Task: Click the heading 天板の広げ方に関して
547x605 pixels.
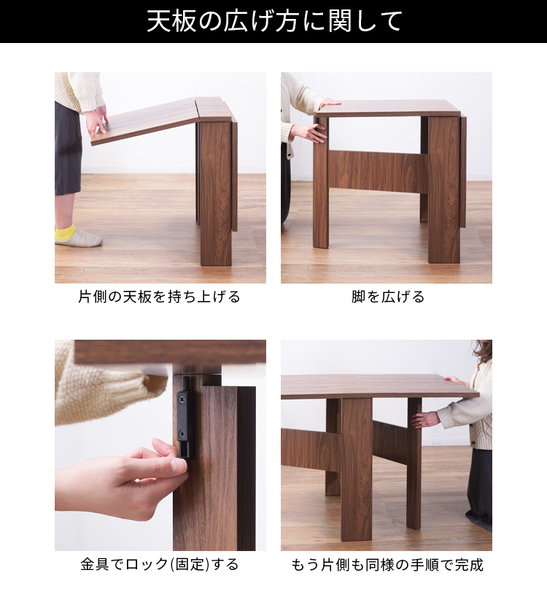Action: (x=274, y=21)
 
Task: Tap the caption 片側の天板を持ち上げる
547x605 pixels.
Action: (x=160, y=297)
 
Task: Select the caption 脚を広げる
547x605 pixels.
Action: (x=387, y=297)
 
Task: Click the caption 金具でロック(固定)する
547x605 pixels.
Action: (x=160, y=564)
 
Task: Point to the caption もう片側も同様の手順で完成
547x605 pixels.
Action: (x=387, y=565)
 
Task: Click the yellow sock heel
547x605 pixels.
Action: (x=66, y=233)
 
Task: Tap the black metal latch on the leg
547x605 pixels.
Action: (x=185, y=418)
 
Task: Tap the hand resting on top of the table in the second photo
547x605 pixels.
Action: (x=329, y=102)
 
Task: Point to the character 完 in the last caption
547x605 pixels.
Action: (x=462, y=565)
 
